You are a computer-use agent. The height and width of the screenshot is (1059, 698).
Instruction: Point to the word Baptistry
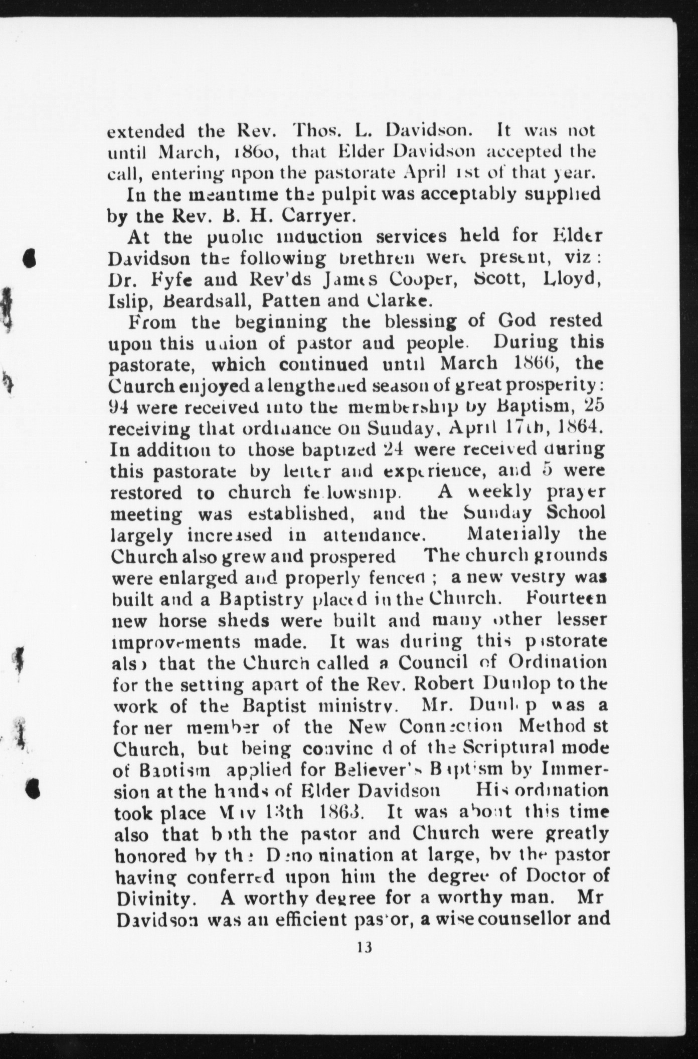[x=263, y=599]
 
